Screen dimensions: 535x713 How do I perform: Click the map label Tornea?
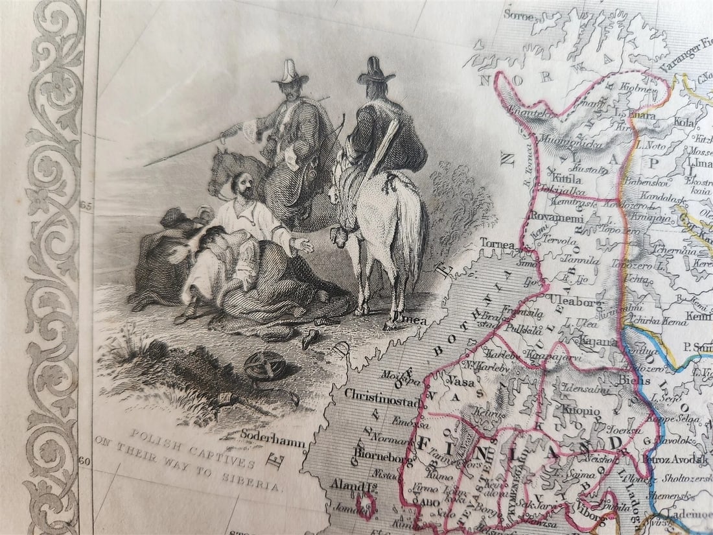pos(498,245)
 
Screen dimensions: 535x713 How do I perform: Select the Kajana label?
pos(594,341)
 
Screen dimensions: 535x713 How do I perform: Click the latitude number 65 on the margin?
pos(88,206)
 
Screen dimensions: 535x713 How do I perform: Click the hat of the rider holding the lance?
pos(291,71)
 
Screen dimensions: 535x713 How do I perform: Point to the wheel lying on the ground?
pos(265,367)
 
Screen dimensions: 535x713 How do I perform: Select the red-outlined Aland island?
pos(369,504)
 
